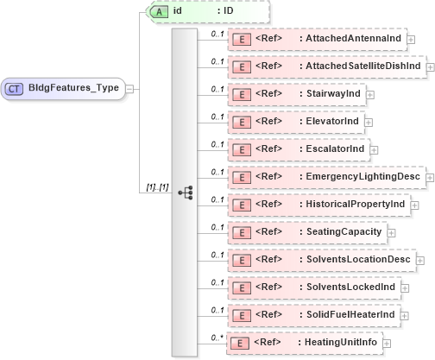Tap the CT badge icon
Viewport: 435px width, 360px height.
[15, 87]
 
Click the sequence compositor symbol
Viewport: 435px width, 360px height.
[185, 193]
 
